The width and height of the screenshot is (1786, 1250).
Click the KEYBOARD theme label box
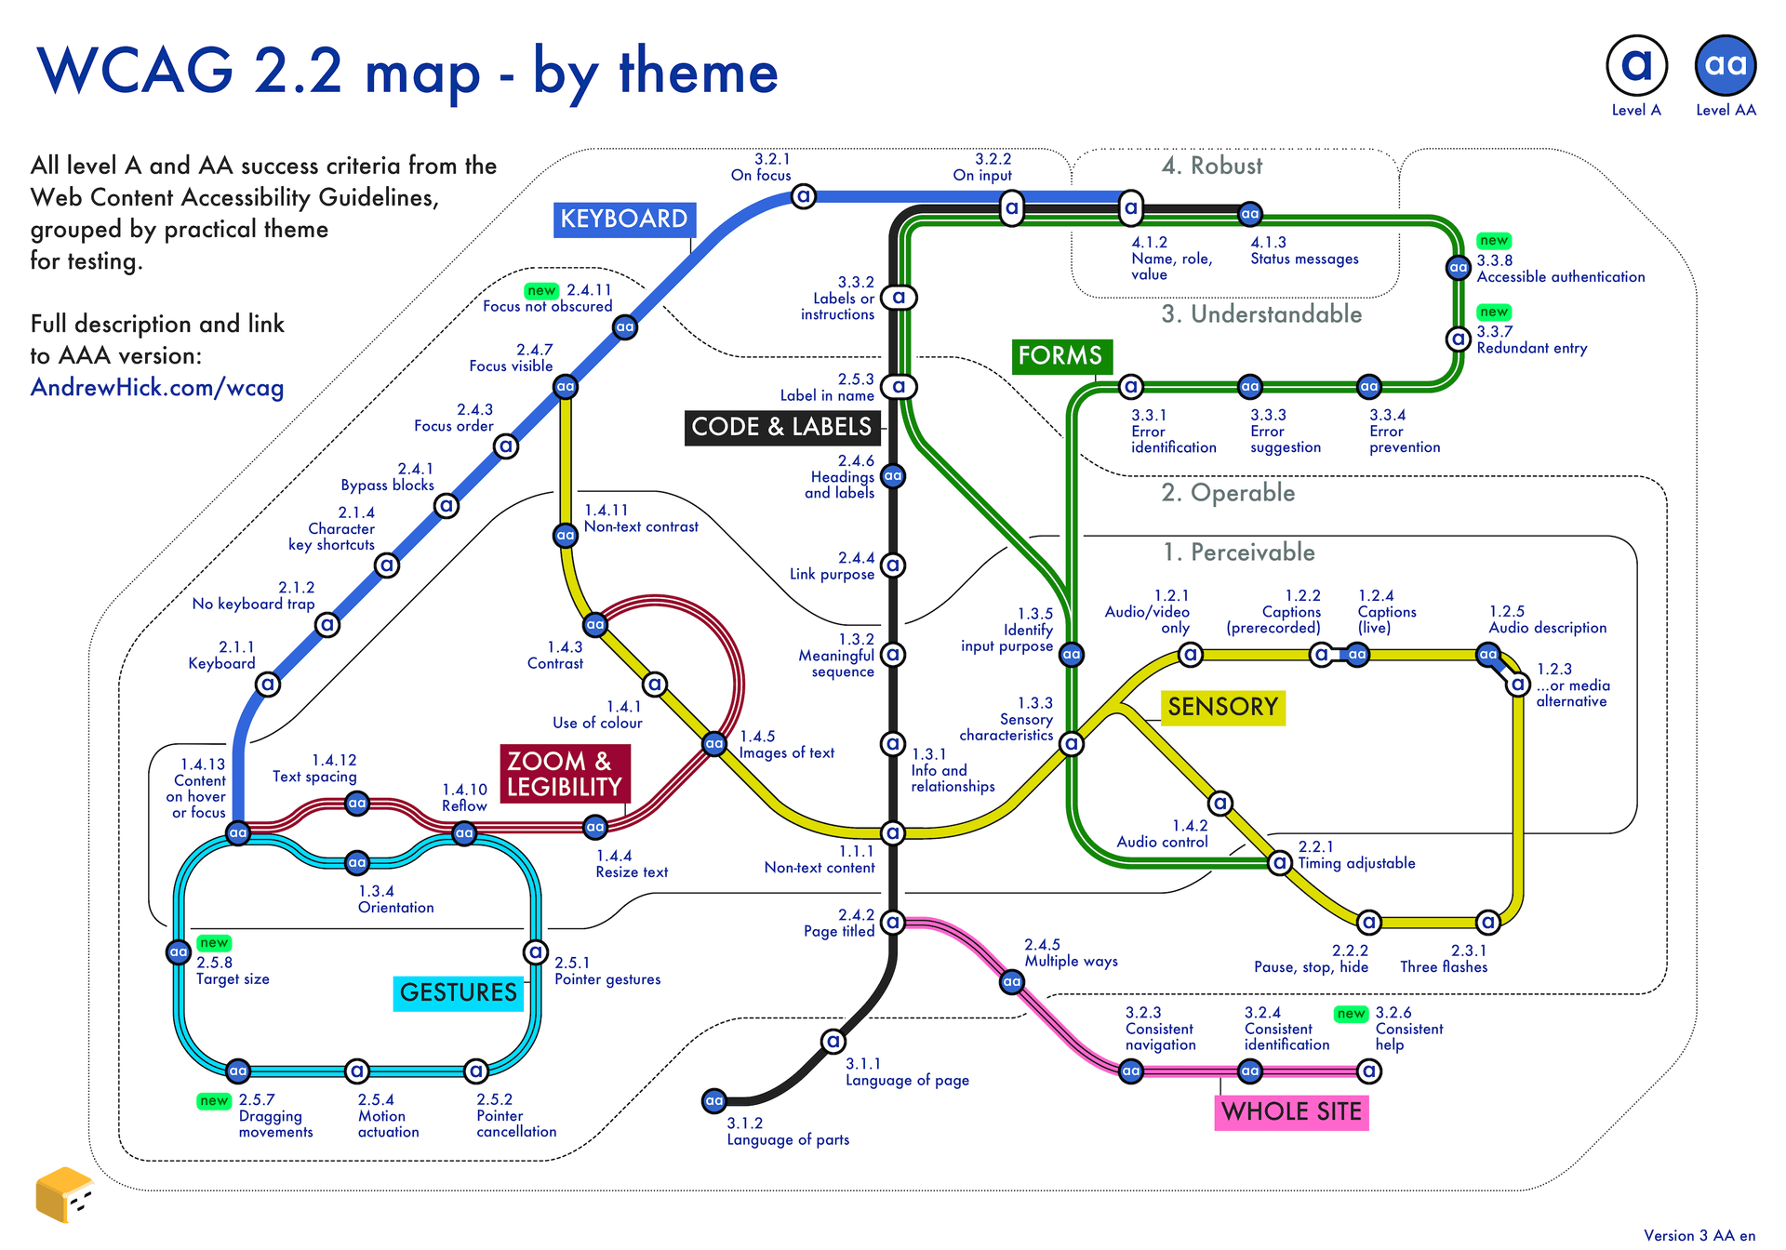pos(623,219)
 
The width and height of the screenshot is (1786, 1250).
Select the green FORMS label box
pos(1060,356)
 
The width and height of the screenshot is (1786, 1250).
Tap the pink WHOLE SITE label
pos(1291,1112)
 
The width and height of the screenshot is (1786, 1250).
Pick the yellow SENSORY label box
pos(1222,708)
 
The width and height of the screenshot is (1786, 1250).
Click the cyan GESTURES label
pos(458,993)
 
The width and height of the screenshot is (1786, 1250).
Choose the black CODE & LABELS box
pos(781,428)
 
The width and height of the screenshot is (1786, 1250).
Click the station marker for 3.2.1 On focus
pos(804,196)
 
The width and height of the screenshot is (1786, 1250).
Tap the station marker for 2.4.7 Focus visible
pos(566,387)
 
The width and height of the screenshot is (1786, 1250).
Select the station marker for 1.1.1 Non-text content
pos(893,832)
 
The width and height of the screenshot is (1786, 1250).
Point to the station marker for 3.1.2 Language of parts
pos(714,1101)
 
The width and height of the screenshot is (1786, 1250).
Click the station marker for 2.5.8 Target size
pos(179,952)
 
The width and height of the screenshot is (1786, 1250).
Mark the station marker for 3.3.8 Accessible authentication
pos(1458,268)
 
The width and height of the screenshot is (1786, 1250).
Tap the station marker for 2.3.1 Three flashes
pos(1488,923)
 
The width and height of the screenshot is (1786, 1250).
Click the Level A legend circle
pos(1636,65)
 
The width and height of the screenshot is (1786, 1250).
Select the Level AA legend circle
pos(1726,65)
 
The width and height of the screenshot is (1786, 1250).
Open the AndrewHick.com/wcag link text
pos(157,388)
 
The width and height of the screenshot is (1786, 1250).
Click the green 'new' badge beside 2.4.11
pos(540,291)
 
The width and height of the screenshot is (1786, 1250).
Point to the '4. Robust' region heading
pos(1212,166)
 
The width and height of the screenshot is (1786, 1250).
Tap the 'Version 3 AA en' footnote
pos(1699,1236)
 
